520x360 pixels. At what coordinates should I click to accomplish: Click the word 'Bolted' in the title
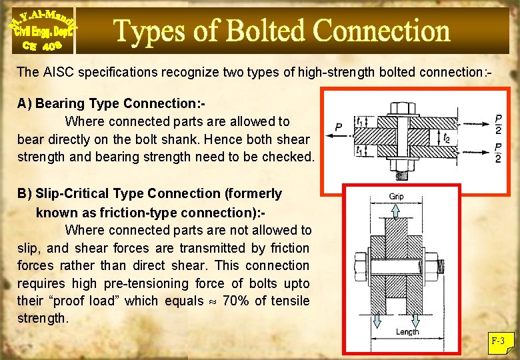[x=265, y=31]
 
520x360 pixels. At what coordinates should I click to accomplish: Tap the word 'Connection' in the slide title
[x=382, y=31]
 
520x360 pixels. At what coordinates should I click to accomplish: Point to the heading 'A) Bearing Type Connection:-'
[x=111, y=103]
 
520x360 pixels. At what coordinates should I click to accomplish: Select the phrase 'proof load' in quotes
[x=85, y=301]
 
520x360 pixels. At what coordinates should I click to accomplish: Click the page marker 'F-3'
[x=498, y=341]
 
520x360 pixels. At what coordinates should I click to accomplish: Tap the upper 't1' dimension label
[x=359, y=122]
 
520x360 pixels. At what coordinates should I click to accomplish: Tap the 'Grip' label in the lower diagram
[x=397, y=197]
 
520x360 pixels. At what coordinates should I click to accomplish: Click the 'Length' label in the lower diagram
[x=407, y=331]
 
